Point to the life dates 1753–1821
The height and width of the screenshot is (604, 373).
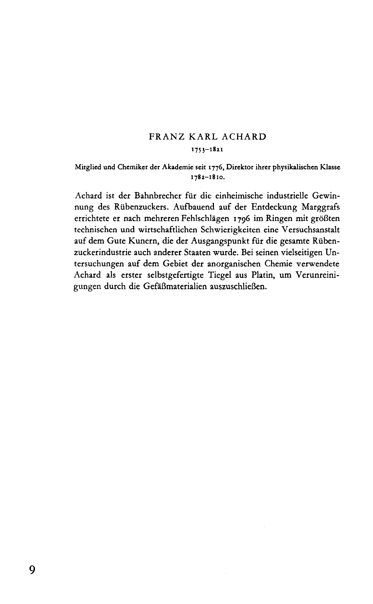(x=206, y=149)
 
